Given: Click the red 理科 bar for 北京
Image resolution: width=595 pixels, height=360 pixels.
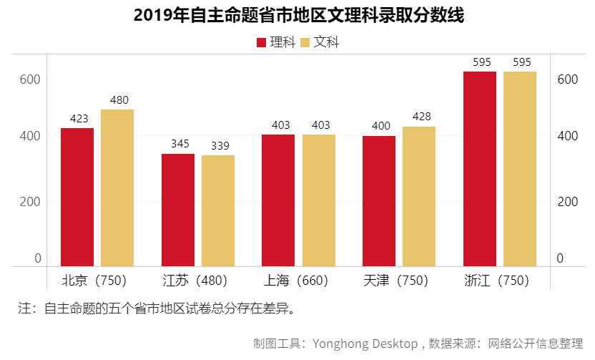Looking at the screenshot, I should tap(77, 197).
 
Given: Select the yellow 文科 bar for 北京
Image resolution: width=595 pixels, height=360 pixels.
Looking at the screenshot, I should tap(117, 188).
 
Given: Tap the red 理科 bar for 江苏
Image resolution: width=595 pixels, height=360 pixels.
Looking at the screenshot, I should tap(178, 210).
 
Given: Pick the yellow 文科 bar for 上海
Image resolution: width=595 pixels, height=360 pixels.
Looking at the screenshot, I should tap(318, 200).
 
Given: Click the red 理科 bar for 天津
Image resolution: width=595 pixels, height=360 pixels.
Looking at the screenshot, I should tap(379, 201).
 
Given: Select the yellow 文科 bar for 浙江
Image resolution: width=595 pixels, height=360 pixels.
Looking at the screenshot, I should tap(520, 169).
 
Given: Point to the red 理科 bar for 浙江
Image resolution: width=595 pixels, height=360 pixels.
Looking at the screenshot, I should tap(480, 169).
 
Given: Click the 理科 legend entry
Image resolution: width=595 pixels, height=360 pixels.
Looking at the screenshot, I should tap(275, 42).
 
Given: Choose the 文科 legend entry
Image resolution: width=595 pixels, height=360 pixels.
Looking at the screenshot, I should tap(320, 42).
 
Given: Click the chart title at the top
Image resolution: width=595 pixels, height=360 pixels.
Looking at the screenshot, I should tap(297, 16).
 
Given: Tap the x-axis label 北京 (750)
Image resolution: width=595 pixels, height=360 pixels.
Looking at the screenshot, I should tap(97, 280).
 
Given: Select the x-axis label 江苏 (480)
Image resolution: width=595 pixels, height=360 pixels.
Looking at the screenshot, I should tap(197, 280).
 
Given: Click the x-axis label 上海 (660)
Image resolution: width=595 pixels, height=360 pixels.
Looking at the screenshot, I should tap(298, 280).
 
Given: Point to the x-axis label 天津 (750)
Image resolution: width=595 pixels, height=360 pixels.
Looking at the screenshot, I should tap(398, 280).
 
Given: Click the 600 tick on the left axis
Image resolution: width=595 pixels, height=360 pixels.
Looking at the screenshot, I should tap(29, 79).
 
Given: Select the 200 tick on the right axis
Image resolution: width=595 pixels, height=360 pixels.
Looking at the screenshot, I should tap(567, 202).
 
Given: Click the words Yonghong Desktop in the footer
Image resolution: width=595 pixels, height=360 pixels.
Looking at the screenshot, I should tap(365, 344).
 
